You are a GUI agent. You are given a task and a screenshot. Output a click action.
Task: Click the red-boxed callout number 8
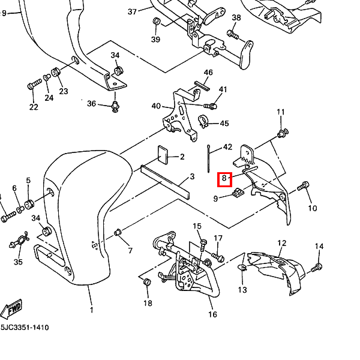point(224,178)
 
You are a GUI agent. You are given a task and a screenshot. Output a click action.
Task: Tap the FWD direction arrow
point(11,309)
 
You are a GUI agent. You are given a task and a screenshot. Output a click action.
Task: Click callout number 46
point(208,73)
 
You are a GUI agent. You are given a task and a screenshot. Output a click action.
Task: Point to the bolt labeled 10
point(304,187)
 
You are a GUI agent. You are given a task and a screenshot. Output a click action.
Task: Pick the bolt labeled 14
point(317,266)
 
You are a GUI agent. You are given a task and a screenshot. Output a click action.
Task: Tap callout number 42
point(227,147)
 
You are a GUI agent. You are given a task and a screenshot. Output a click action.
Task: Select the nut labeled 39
point(156,22)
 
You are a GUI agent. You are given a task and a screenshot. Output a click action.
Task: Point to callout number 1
point(92,310)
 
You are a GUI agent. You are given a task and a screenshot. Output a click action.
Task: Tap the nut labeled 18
point(148,281)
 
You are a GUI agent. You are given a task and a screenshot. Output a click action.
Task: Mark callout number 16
point(212,314)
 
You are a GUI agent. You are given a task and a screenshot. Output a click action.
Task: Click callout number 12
point(282,244)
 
